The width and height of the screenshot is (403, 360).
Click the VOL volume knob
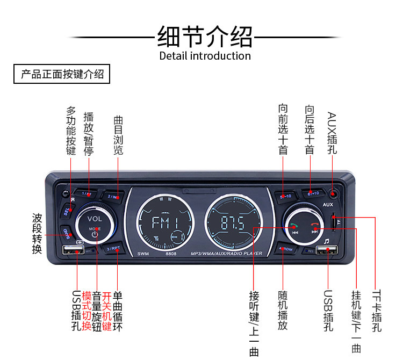pos(95,225)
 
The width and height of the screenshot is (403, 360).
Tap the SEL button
pos(67,211)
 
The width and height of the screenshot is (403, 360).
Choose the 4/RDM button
pos(285,249)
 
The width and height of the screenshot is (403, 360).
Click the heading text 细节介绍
pos(205,37)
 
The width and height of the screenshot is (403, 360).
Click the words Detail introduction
pos(205,56)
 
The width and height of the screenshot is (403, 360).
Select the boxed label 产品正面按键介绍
pos(62,75)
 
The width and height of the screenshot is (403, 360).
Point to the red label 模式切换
pos(87,311)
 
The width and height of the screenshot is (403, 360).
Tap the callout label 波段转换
pos(37,233)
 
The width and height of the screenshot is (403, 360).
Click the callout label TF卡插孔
pos(377,311)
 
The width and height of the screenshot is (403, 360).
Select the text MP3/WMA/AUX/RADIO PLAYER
pos(226,254)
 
